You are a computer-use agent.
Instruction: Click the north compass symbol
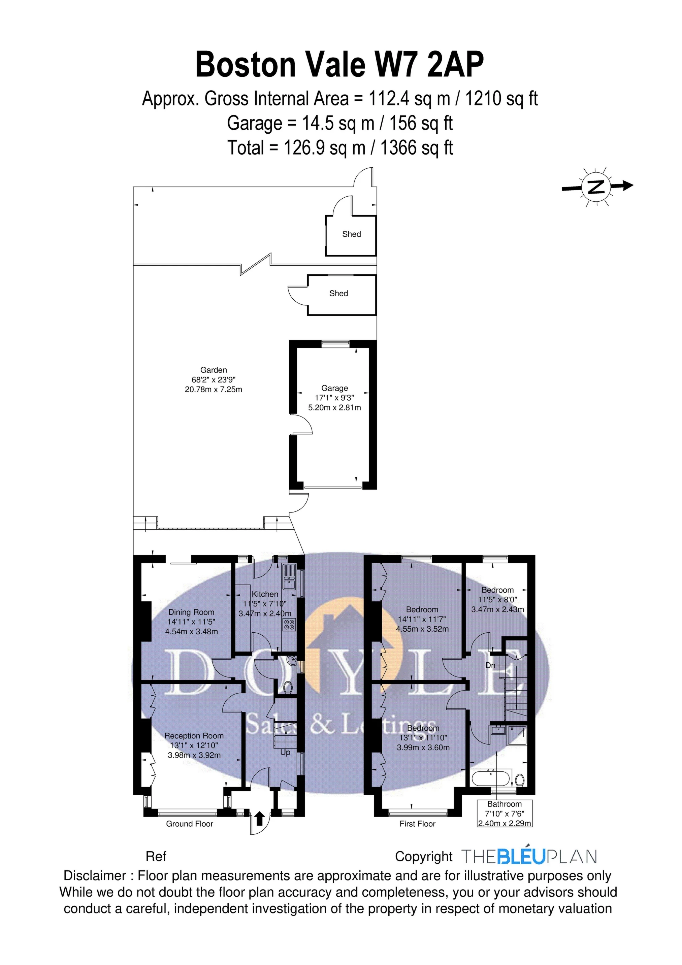596,187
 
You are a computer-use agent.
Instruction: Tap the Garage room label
334,388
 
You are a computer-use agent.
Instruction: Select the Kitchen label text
265,594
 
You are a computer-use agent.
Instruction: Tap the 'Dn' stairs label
490,665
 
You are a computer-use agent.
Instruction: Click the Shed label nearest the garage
338,293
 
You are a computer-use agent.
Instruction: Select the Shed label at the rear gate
352,234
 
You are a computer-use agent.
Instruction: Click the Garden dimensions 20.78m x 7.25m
214,389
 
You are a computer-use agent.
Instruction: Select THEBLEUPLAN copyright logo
529,857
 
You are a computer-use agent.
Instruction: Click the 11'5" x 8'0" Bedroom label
497,590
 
